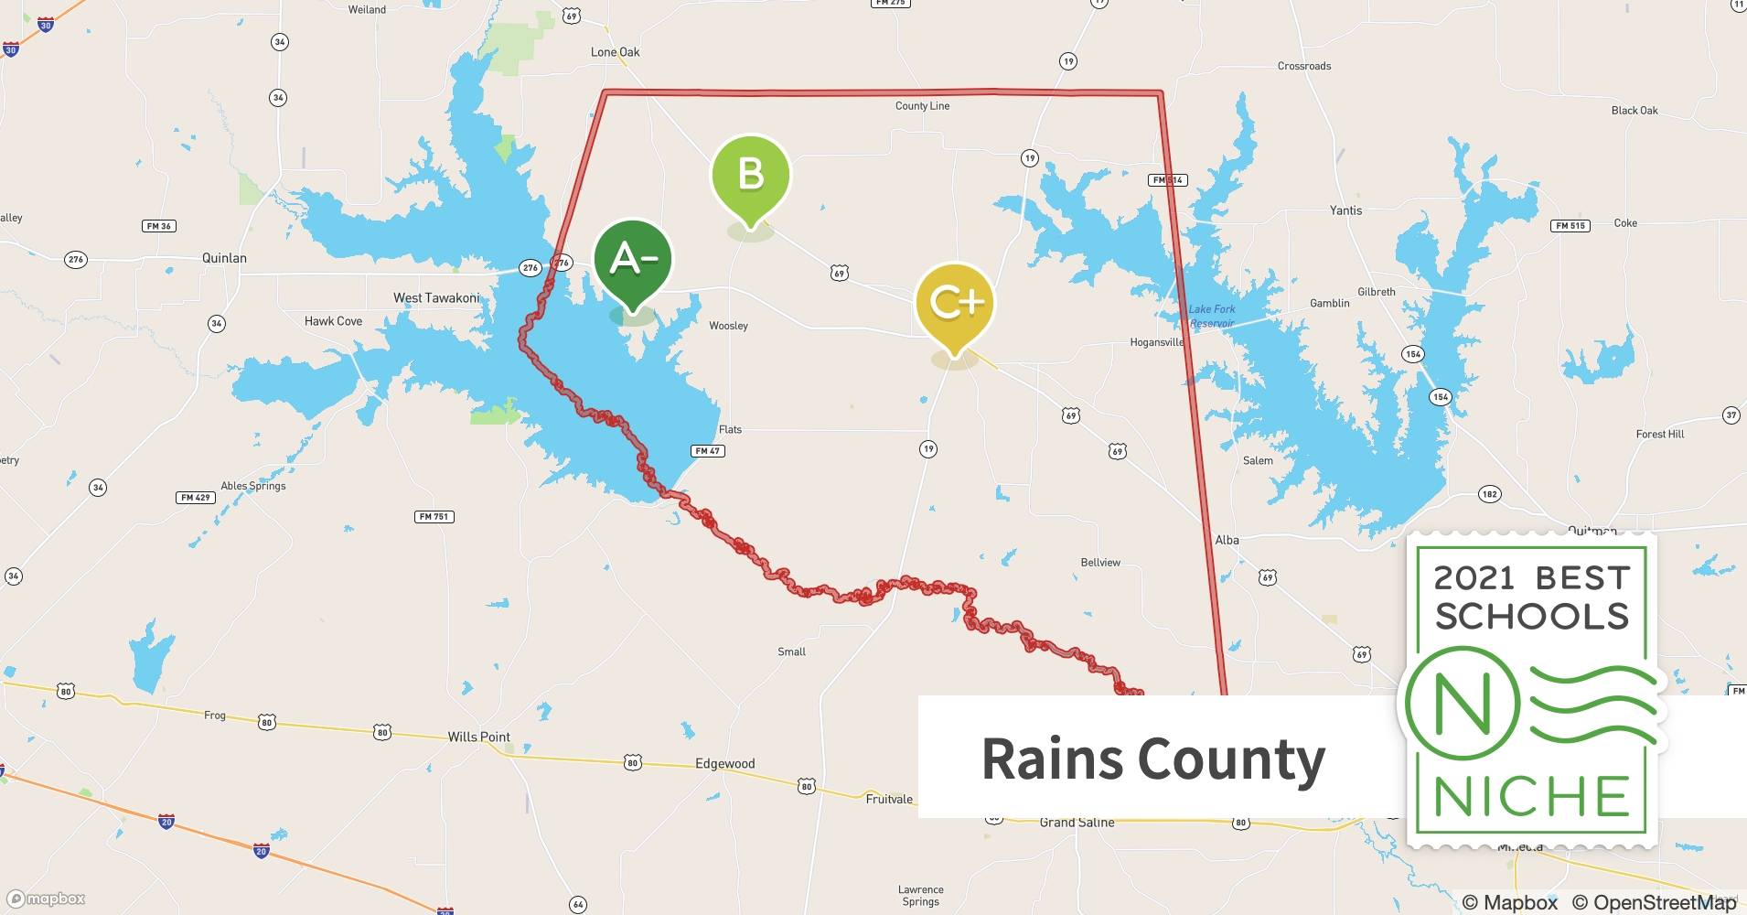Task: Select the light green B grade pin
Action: click(750, 174)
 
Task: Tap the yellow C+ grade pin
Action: click(955, 302)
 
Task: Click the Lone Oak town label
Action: click(615, 52)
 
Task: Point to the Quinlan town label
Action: click(224, 258)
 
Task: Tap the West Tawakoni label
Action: click(436, 298)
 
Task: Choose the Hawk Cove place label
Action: click(333, 321)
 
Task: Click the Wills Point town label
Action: click(478, 737)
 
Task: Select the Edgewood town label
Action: click(724, 764)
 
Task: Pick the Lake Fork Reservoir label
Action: click(1212, 317)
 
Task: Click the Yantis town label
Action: click(1345, 210)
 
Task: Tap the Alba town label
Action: click(1227, 540)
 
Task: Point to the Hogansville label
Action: click(1157, 342)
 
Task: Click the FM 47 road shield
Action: click(707, 450)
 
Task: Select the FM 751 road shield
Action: click(434, 517)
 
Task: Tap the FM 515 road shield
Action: click(1570, 225)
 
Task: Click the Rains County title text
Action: click(1152, 759)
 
